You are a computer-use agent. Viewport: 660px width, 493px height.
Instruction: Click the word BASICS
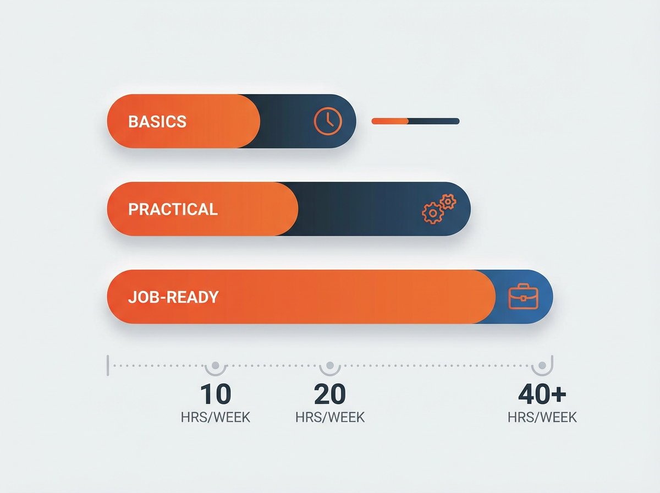coord(157,121)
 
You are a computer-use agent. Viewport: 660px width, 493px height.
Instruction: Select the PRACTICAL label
coord(173,209)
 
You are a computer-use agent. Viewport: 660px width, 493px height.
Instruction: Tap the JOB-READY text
coord(173,297)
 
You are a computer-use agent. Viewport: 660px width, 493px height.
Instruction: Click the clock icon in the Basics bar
coord(328,120)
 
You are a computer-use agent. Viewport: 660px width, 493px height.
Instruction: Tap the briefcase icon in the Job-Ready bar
coord(524,297)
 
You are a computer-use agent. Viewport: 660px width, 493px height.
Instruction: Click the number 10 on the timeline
coord(215,394)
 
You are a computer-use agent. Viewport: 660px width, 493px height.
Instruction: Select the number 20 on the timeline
coord(329,394)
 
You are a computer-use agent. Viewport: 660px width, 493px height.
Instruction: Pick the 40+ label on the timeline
coord(542,394)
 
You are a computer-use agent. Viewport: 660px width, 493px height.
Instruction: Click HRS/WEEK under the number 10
coord(215,417)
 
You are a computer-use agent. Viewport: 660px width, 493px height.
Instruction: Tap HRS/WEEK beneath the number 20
coord(329,417)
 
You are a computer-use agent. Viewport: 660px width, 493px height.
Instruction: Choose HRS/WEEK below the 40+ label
coord(542,417)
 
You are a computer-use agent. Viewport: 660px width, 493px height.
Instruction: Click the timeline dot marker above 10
coord(215,365)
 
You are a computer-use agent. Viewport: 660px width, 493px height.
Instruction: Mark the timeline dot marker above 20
coord(329,365)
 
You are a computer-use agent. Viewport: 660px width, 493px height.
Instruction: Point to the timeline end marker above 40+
coord(542,365)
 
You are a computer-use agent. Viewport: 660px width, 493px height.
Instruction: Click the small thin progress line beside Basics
coord(415,121)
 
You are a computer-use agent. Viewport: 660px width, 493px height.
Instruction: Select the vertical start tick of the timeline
coord(108,365)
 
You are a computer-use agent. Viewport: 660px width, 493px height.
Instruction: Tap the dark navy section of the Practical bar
coord(358,209)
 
